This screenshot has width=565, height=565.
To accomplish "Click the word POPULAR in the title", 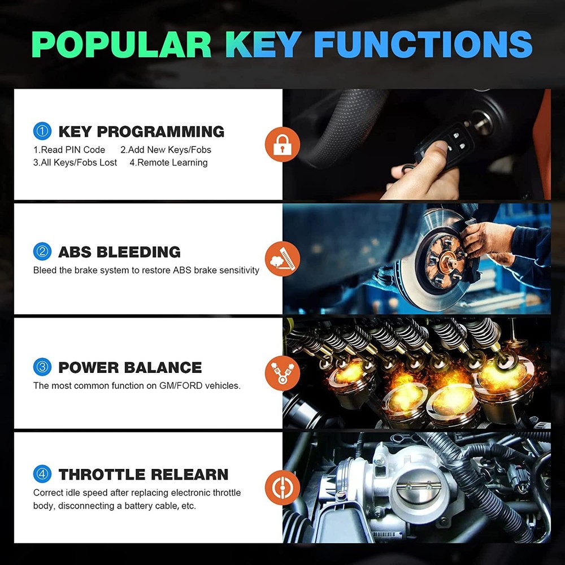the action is pyautogui.click(x=121, y=44).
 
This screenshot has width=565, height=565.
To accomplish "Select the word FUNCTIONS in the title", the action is pyautogui.click(x=423, y=44).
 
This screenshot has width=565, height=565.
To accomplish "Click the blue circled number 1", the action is pyautogui.click(x=42, y=131).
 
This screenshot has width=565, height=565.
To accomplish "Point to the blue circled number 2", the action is pyautogui.click(x=42, y=251).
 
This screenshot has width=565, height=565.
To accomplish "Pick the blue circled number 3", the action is pyautogui.click(x=42, y=367).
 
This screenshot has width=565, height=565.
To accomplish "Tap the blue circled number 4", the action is pyautogui.click(x=42, y=474).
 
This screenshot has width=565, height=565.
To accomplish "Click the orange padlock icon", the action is pyautogui.click(x=282, y=144).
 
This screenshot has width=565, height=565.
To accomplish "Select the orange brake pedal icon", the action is pyautogui.click(x=282, y=259).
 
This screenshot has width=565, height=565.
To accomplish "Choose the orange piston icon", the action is pyautogui.click(x=282, y=373).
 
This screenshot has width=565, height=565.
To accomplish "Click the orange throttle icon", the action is pyautogui.click(x=282, y=488).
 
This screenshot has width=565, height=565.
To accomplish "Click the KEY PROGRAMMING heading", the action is pyautogui.click(x=141, y=132).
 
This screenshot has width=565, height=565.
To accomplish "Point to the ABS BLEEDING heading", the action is pyautogui.click(x=119, y=252).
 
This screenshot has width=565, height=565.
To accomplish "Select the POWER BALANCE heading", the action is pyautogui.click(x=130, y=368).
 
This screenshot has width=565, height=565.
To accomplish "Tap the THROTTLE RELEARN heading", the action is pyautogui.click(x=144, y=475).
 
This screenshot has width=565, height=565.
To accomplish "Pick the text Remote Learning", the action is pyautogui.click(x=172, y=163).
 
